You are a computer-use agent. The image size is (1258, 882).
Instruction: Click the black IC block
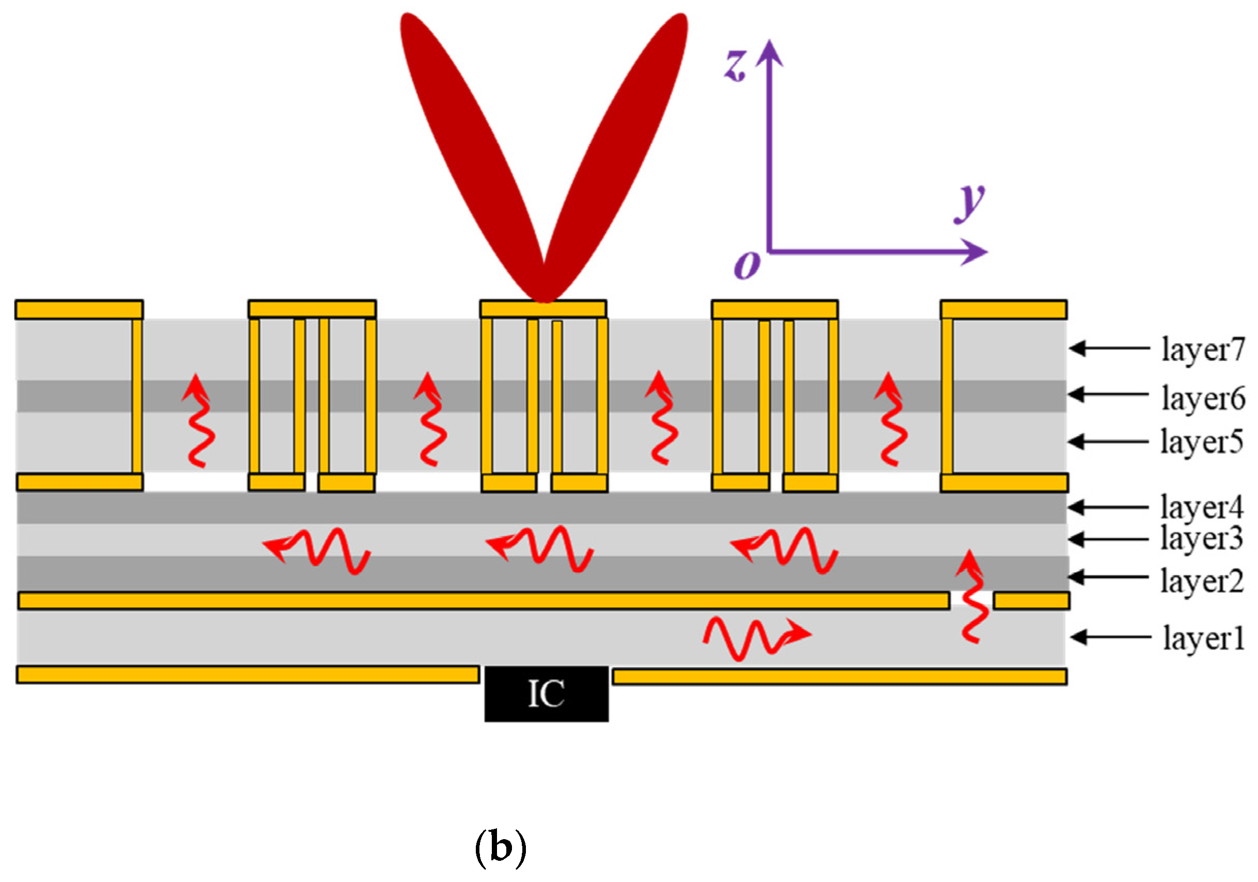tap(546, 694)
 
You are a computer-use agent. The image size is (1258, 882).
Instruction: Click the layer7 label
tap(1203, 349)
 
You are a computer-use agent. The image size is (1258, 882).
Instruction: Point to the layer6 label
tap(1203, 398)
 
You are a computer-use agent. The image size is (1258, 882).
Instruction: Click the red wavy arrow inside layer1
tap(756, 638)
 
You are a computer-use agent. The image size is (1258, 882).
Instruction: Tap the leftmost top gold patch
tap(79, 310)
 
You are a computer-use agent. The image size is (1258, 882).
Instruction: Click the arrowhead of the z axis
tap(770, 53)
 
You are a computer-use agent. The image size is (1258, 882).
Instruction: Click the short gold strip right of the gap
tap(1031, 601)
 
